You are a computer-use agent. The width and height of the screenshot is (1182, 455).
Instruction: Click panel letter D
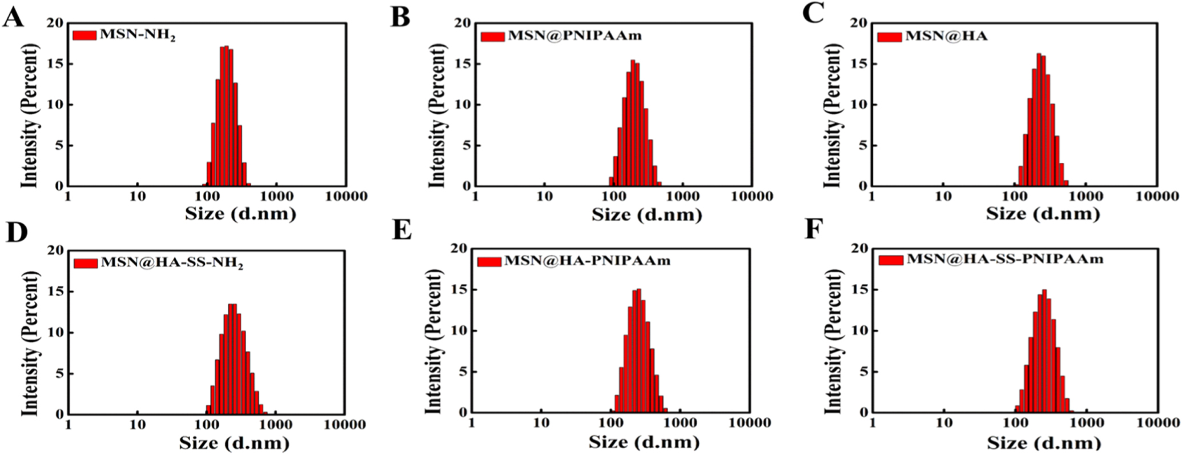coord(17,233)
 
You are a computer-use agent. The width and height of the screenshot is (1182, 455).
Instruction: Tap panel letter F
coord(814,229)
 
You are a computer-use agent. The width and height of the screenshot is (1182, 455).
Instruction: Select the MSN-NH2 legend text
coord(138,35)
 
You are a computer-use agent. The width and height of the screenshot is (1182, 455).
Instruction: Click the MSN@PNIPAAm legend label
coord(574,36)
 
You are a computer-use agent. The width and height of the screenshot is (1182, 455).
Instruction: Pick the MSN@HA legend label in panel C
coord(946,36)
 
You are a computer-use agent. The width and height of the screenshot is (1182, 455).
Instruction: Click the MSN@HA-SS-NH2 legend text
coord(172,263)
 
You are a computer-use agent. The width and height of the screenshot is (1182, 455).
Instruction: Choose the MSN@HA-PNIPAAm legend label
coord(587,261)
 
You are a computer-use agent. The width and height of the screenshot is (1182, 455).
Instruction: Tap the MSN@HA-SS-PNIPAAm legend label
coord(1004,259)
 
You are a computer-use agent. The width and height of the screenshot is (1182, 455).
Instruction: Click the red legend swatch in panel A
coord(85,35)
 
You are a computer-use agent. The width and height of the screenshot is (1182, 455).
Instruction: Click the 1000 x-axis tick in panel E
coord(680,423)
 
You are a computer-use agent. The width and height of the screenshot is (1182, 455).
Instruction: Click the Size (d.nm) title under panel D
coord(234,443)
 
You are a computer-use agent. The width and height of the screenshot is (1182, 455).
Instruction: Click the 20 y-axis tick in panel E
coord(460,249)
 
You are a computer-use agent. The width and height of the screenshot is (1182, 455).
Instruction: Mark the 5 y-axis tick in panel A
coord(59,145)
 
